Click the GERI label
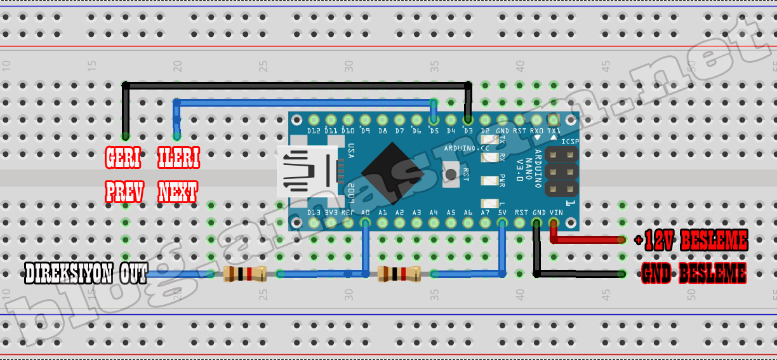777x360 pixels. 124,159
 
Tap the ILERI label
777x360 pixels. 178,159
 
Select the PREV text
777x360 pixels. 124,191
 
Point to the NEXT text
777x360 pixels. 178,191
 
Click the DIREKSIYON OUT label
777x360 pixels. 86,274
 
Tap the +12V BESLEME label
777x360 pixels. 691,241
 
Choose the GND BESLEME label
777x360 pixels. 693,274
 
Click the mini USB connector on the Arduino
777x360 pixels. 308,172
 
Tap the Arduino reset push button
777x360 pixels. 451,173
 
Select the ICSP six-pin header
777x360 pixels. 561,171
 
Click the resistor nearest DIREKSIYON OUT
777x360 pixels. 244,274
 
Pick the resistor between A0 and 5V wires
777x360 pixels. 399,274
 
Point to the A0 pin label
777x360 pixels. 365,213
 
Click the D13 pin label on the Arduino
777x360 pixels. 314,213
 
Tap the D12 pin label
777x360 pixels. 314,131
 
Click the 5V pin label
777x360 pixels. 502,213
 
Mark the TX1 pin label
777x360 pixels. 554,131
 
